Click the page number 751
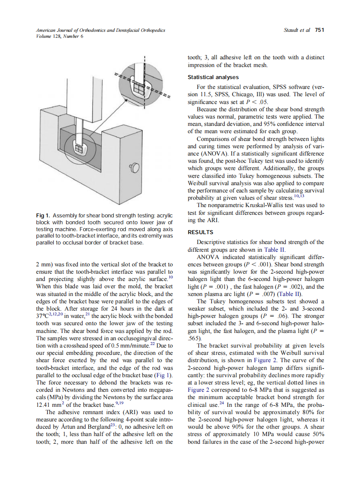(319, 30)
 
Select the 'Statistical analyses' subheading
(213, 77)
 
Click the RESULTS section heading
(201, 232)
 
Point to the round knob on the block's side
(134, 167)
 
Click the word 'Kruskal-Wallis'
(268, 205)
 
